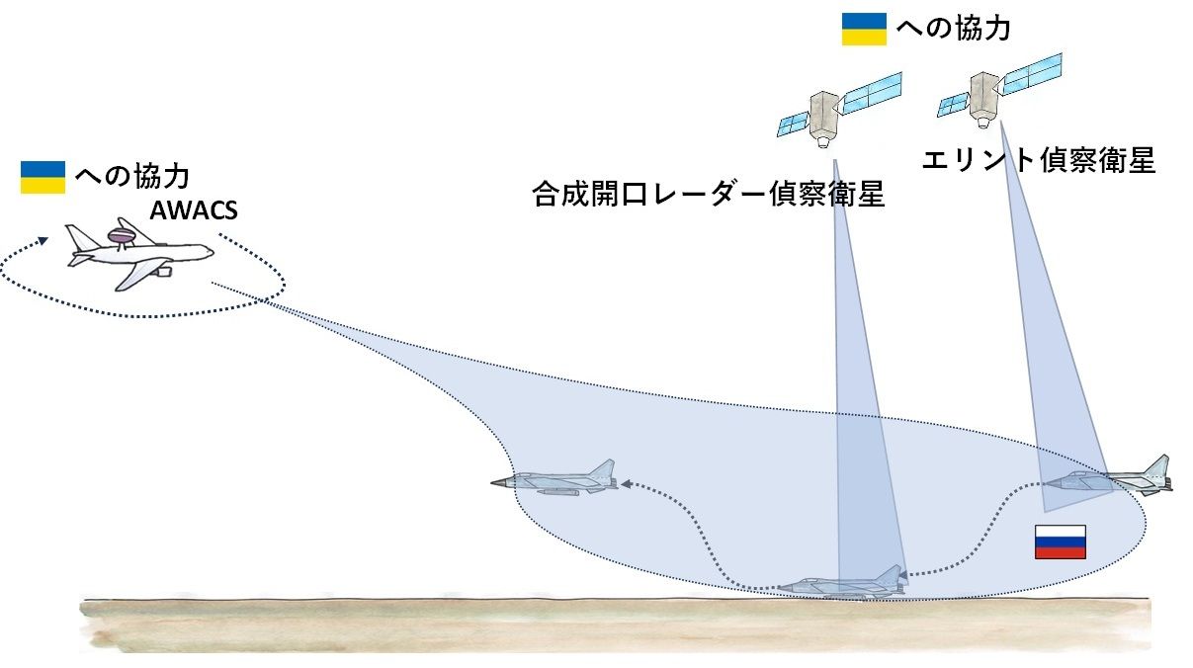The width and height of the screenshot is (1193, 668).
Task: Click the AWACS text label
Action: click(194, 210)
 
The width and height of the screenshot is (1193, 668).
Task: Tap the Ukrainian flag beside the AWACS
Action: click(43, 177)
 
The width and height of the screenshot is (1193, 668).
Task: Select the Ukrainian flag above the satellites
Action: click(863, 29)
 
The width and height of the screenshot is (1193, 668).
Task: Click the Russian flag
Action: click(1060, 542)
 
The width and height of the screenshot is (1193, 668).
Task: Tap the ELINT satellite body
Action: click(982, 99)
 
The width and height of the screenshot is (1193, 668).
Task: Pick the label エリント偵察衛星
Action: click(1038, 160)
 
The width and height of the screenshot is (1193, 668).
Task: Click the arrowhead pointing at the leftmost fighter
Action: click(627, 484)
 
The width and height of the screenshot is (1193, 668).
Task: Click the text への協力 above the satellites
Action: click(953, 29)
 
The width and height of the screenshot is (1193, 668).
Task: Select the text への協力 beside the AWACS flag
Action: click(131, 177)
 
